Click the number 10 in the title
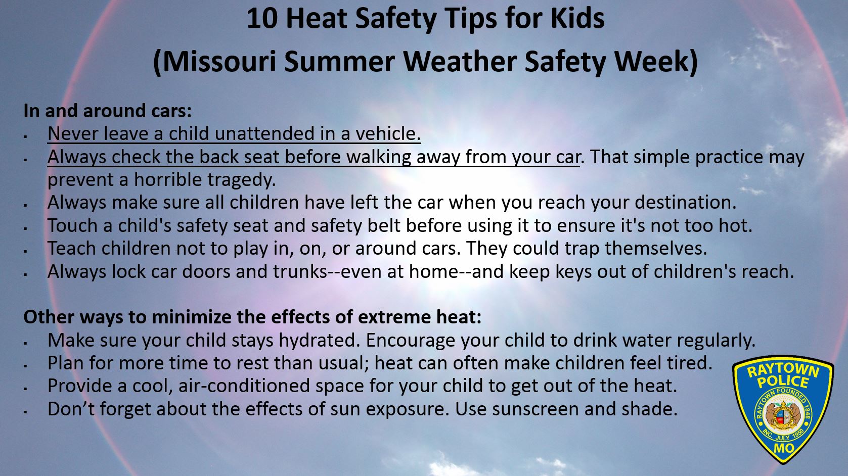click(x=263, y=19)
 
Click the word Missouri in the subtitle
click(x=219, y=62)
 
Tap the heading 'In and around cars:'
click(x=108, y=111)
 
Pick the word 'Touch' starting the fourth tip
click(x=72, y=225)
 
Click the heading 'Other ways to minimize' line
click(x=252, y=317)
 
